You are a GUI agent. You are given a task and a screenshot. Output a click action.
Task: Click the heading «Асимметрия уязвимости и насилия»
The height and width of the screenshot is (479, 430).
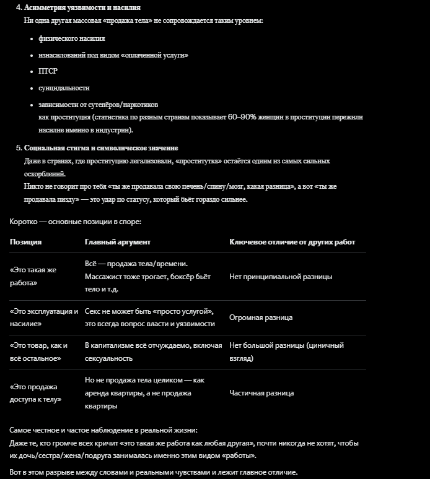(82, 7)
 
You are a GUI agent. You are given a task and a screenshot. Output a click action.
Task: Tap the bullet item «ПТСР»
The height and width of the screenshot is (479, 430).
(47, 71)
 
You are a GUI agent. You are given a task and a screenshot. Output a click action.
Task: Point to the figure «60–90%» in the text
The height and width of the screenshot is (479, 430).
(245, 116)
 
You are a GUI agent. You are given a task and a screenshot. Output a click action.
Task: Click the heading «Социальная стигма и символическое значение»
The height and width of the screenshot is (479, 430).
(101, 148)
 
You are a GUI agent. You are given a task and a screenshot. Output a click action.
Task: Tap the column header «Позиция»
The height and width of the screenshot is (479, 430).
(25, 242)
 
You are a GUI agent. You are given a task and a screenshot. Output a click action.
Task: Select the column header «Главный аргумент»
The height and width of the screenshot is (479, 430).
(117, 242)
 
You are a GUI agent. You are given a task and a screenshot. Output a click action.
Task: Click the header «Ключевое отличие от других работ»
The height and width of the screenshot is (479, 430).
(292, 242)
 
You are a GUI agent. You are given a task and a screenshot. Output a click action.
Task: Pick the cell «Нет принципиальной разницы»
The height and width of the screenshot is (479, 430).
(281, 277)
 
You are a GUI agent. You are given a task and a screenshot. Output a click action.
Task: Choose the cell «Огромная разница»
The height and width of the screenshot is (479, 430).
(261, 317)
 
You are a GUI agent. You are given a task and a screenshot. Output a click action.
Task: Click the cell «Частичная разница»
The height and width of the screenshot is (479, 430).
(261, 393)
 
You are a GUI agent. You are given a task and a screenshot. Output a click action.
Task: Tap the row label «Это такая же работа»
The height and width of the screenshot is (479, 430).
(33, 277)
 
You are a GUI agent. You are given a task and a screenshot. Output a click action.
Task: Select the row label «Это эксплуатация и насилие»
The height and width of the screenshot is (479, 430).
(43, 317)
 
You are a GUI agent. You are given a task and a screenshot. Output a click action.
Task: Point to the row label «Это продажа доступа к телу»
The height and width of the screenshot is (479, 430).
(35, 393)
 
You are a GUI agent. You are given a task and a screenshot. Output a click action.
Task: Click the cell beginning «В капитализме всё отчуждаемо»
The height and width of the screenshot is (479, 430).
(153, 352)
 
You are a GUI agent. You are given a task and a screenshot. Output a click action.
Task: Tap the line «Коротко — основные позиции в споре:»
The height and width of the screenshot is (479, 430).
(76, 221)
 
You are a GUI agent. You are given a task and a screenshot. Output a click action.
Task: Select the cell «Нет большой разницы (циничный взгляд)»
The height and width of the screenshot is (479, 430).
(286, 352)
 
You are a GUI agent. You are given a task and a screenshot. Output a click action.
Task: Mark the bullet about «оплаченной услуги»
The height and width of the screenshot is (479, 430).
(113, 55)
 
